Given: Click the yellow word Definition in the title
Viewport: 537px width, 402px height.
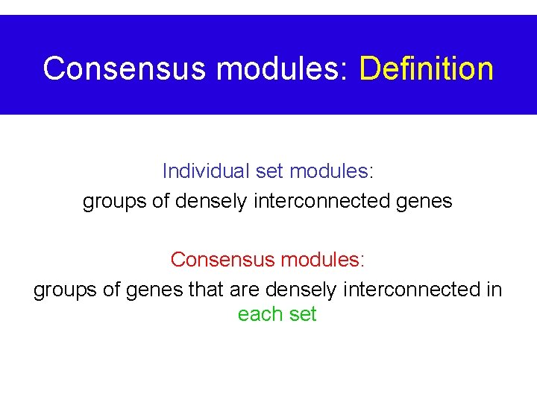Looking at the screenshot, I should (426, 68).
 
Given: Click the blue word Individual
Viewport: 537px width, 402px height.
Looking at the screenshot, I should (206, 171).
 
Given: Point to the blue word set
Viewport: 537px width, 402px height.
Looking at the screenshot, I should (269, 171).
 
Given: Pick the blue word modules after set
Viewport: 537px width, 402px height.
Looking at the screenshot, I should (330, 171).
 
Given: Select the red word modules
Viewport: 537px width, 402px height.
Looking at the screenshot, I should (323, 259).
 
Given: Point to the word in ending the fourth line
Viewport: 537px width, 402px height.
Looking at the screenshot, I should (494, 290).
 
